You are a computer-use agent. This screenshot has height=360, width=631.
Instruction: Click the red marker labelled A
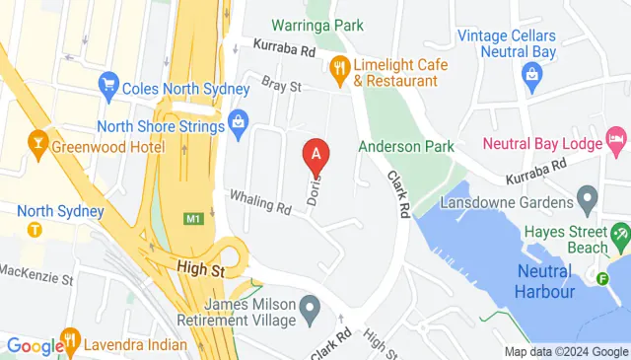click(315, 155)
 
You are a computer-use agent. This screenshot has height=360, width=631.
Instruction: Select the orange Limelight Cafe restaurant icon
click(340, 67)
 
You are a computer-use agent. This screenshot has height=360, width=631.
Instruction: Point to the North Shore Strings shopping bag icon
click(238, 122)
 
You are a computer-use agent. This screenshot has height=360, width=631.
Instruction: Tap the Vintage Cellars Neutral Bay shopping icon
click(532, 73)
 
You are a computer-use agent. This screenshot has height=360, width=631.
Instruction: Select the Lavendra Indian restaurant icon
click(70, 343)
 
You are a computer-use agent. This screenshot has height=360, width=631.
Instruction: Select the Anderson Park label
click(405, 146)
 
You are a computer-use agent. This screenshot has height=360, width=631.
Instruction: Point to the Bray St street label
click(280, 87)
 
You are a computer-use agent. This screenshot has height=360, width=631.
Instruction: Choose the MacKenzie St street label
click(36, 271)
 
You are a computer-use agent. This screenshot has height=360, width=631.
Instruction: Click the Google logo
click(35, 345)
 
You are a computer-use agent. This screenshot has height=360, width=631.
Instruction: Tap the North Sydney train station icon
click(35, 230)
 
